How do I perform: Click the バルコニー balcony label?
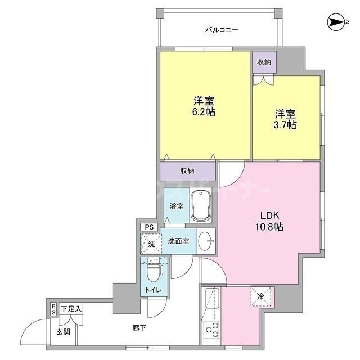coord(221,30)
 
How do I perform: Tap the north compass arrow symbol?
coord(336,23)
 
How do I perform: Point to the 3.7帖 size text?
coord(286,124)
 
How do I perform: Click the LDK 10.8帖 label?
coord(269,221)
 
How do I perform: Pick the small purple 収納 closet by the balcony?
coord(264,62)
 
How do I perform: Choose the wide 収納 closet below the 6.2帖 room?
coord(187,170)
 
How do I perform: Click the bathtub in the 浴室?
coord(201,205)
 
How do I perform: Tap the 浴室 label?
coord(176,206)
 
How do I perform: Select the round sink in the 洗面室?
coord(207,241)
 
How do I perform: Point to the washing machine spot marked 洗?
coord(150,243)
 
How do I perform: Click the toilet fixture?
coord(153,272)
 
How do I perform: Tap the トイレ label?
coord(154,290)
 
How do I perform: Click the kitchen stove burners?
coord(212,332)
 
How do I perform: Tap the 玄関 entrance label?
coord(62,332)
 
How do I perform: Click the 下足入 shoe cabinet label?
coord(71,309)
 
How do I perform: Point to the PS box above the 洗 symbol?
coord(149,227)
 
